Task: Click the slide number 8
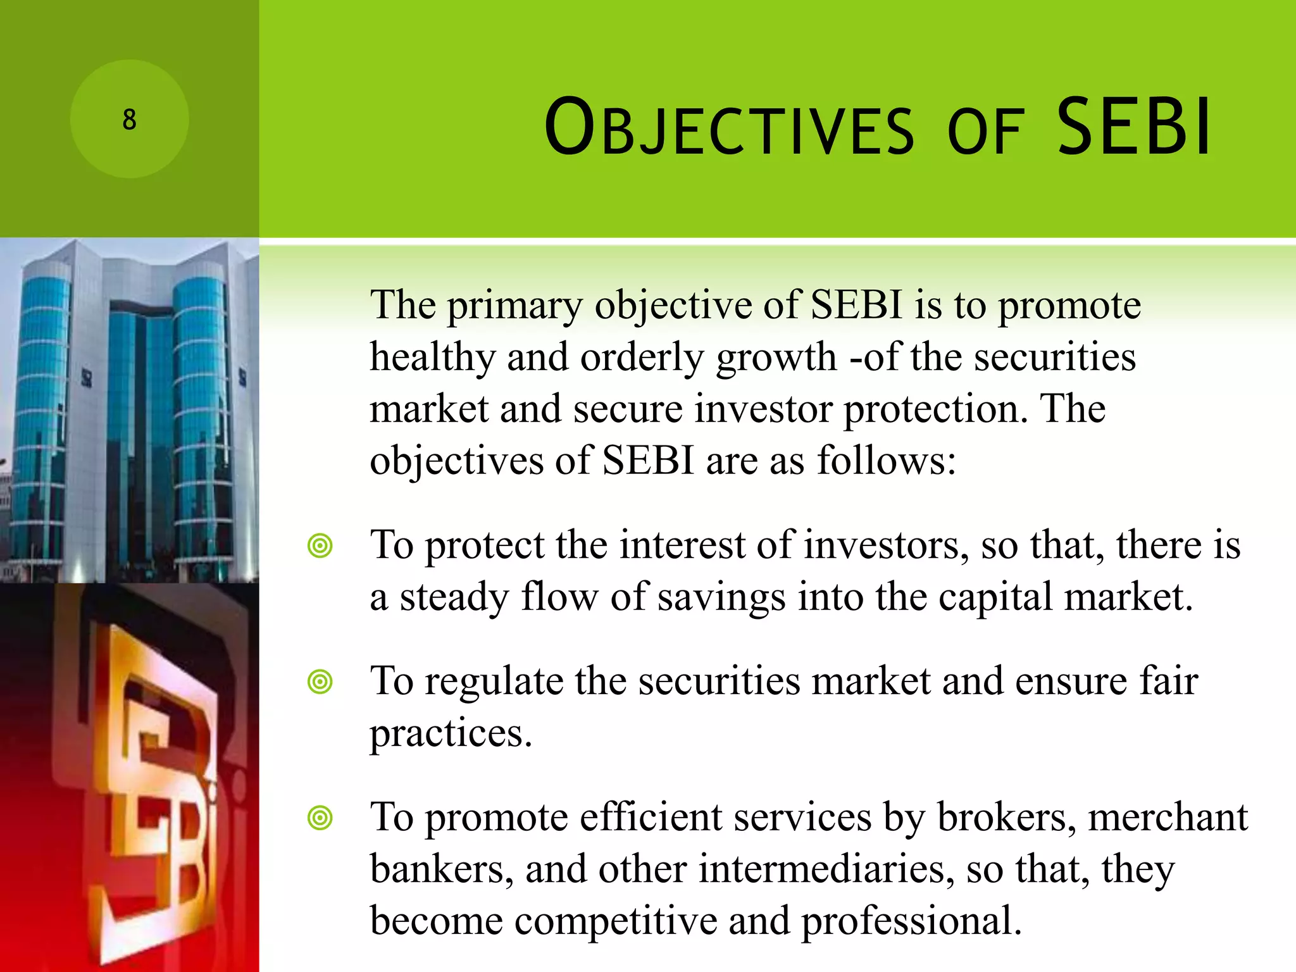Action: point(129,120)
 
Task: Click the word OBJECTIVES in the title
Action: point(728,128)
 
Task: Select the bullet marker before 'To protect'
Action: point(320,545)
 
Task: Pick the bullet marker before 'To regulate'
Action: point(320,682)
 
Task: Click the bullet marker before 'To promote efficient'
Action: point(320,818)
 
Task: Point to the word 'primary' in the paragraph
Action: point(514,307)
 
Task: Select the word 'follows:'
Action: point(887,461)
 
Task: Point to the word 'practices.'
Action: point(451,734)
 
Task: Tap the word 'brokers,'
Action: point(1007,818)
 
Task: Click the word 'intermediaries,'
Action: point(826,869)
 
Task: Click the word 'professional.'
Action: point(911,921)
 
